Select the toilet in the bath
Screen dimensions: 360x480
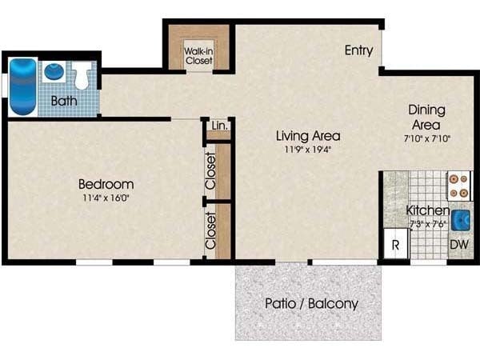pos(81,75)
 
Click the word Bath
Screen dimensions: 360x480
pos(63,101)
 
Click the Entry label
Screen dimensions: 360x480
pos(358,50)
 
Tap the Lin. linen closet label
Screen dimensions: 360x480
pos(218,126)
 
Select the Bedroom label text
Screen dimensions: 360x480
pos(106,183)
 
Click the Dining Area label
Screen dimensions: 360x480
pos(427,118)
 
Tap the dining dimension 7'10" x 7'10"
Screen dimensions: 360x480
pos(427,138)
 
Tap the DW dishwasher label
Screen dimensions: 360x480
pos(458,245)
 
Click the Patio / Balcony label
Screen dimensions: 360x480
pos(311,304)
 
